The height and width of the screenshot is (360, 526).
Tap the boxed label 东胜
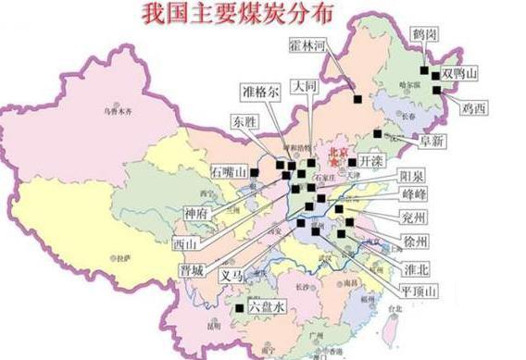[x=245, y=121]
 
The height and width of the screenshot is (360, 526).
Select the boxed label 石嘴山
[x=229, y=173]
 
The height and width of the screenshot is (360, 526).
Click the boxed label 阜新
[x=432, y=141]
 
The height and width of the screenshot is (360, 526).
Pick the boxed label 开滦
[x=370, y=160]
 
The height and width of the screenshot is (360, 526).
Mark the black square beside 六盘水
[x=240, y=307]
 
